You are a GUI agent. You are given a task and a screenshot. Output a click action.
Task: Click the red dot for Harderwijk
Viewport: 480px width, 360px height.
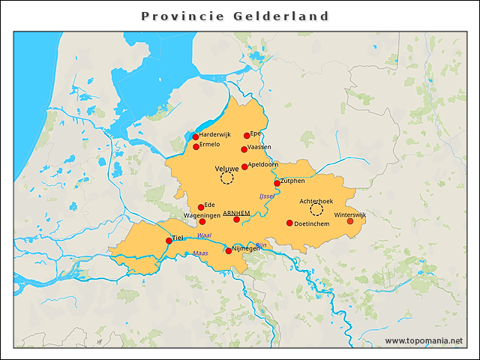(196, 136)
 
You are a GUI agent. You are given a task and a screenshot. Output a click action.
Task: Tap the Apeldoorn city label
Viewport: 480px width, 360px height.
(264, 164)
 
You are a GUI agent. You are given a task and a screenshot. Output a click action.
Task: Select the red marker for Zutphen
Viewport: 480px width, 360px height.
(277, 183)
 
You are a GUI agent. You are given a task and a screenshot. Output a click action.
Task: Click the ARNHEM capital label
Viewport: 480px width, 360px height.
(236, 213)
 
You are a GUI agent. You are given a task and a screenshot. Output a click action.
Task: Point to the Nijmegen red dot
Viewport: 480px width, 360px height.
(229, 251)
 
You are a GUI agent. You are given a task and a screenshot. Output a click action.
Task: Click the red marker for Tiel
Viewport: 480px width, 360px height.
(169, 241)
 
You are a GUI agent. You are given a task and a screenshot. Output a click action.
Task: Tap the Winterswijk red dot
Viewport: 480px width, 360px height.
(350, 220)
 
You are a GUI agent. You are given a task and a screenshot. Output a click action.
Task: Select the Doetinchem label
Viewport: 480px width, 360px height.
(312, 223)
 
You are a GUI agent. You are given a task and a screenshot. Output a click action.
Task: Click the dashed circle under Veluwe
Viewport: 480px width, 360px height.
(227, 178)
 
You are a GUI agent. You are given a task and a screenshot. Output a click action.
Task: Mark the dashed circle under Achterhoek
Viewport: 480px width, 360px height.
(316, 210)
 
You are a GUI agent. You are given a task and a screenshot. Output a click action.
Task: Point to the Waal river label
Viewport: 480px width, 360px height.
(204, 235)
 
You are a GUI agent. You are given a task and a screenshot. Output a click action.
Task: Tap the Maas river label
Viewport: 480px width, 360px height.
(200, 253)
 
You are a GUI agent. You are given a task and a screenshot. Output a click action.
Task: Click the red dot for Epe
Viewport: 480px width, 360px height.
(247, 136)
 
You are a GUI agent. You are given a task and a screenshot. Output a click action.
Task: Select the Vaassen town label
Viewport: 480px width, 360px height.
(259, 147)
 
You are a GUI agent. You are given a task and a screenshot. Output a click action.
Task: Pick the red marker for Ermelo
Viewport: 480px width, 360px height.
(196, 147)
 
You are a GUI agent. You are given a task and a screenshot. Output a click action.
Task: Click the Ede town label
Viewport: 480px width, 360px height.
(210, 205)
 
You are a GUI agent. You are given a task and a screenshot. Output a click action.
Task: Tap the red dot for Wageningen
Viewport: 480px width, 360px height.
(202, 221)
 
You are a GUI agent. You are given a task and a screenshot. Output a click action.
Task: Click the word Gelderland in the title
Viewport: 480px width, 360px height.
(282, 16)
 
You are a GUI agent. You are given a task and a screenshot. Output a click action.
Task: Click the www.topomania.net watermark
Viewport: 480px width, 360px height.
(424, 341)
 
